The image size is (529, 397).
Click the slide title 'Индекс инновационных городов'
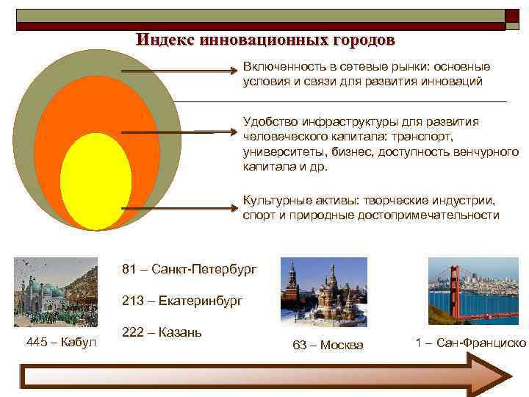[x=264, y=39]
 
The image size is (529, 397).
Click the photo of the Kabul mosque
[x=55, y=292]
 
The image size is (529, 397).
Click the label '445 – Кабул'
[x=61, y=342]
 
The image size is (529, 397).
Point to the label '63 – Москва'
[x=328, y=345]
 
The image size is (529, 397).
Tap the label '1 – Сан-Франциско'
[x=471, y=343]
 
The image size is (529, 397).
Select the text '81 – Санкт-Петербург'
[x=190, y=269]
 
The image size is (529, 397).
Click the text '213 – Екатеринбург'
[x=181, y=301]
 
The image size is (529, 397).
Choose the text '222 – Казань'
[x=162, y=332]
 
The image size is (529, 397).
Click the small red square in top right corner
[x=511, y=15]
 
